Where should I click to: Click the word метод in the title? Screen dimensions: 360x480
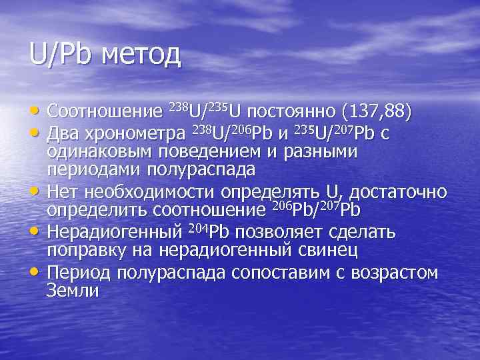(141, 54)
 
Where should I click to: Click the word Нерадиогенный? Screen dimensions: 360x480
(114, 233)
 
